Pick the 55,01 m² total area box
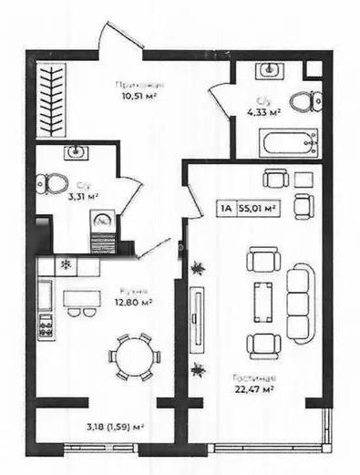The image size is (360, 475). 257,207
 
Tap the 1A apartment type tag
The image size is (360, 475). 224,207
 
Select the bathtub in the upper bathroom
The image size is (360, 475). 288,142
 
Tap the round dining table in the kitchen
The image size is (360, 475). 133,355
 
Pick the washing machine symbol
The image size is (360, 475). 103,219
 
